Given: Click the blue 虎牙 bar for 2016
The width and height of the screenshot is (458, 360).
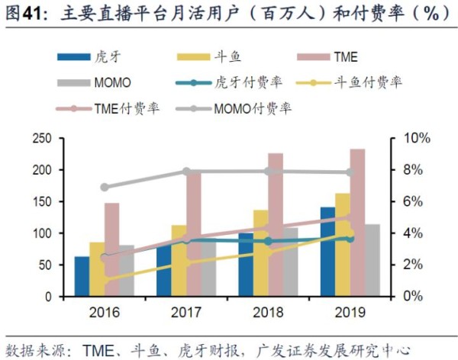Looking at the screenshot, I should click(x=81, y=276).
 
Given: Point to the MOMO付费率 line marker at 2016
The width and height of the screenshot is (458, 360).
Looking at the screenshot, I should click(x=105, y=187).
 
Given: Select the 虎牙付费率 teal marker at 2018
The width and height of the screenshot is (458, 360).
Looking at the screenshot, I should click(x=268, y=241).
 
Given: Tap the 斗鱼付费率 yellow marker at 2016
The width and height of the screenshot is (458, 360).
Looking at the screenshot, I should click(x=105, y=279).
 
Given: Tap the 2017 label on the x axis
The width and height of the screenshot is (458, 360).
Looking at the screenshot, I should click(x=186, y=311).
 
